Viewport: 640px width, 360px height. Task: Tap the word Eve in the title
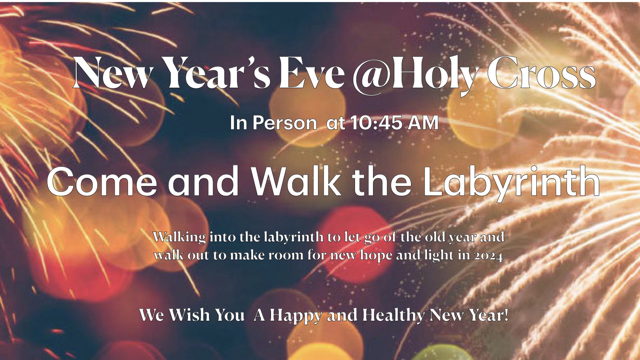(x=311, y=73)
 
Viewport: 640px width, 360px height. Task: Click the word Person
(x=284, y=123)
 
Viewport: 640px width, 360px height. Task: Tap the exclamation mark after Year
(x=506, y=315)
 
